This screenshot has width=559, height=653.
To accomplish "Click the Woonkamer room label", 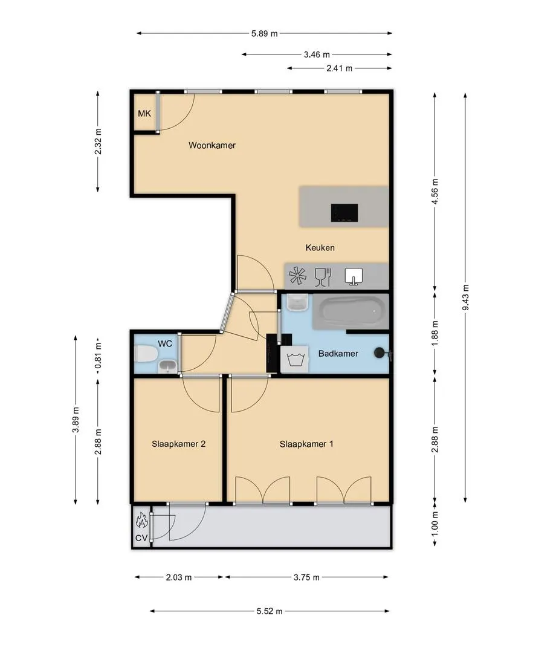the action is click(212, 145).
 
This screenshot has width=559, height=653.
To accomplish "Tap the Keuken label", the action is click(320, 248).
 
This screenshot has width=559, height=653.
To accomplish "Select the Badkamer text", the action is click(338, 354).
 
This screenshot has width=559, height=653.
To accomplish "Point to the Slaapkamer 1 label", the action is click(306, 444).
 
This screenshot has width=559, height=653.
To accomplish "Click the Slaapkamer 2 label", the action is click(178, 444).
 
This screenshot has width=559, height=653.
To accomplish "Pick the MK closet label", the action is click(144, 113).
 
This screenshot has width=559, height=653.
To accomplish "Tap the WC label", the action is click(165, 344).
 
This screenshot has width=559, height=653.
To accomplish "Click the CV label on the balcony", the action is click(141, 538).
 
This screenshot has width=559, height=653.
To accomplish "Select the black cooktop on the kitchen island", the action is click(344, 213).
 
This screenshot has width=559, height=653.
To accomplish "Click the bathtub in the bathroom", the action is click(351, 312).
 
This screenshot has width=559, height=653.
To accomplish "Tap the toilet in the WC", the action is click(146, 354).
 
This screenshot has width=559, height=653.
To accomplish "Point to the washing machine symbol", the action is click(295, 359).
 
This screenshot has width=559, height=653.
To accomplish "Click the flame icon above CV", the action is click(141, 521).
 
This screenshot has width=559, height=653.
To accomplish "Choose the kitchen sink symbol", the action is click(354, 276).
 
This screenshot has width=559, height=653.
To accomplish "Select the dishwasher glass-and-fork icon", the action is click(323, 277).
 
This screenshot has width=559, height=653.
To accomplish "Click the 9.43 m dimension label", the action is click(466, 297).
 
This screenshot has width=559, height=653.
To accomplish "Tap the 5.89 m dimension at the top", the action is click(264, 34).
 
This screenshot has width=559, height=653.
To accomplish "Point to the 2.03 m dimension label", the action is click(179, 577).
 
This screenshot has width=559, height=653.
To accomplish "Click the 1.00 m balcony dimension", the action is click(435, 525).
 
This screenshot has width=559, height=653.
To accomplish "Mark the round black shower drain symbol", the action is click(379, 353).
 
